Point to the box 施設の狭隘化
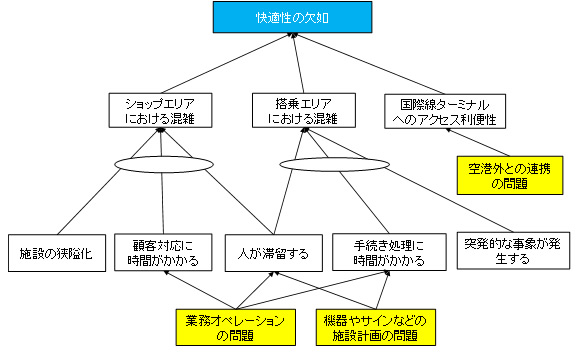[x=56, y=253]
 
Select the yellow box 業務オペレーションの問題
[x=235, y=327]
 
